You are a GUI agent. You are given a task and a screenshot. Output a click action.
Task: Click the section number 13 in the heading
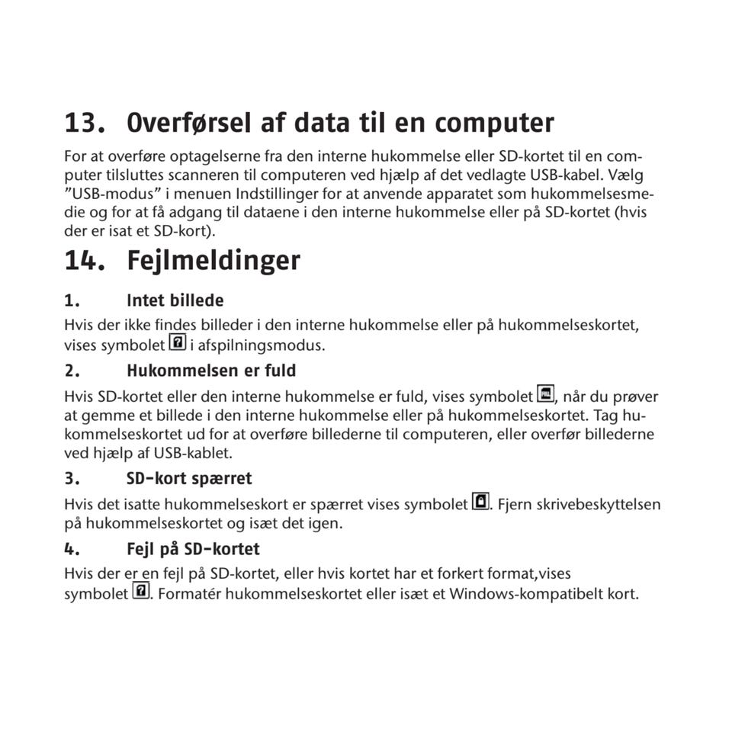click(85, 123)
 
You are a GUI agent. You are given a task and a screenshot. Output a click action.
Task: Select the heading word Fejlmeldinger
click(213, 261)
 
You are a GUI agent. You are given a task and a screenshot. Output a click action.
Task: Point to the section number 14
click(85, 261)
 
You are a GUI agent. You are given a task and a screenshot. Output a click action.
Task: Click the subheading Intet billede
click(175, 300)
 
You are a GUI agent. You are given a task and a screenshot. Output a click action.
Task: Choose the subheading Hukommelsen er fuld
click(211, 371)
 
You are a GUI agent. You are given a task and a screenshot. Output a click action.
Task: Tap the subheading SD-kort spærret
click(189, 479)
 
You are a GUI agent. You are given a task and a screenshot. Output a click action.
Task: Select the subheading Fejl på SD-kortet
click(193, 549)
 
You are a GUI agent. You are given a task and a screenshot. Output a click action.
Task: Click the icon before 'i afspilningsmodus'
click(177, 343)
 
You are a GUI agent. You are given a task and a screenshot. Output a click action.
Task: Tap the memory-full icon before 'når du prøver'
click(545, 395)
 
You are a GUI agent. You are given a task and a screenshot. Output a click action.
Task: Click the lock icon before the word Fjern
click(480, 502)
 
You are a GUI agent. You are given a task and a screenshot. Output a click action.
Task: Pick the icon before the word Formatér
click(140, 591)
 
